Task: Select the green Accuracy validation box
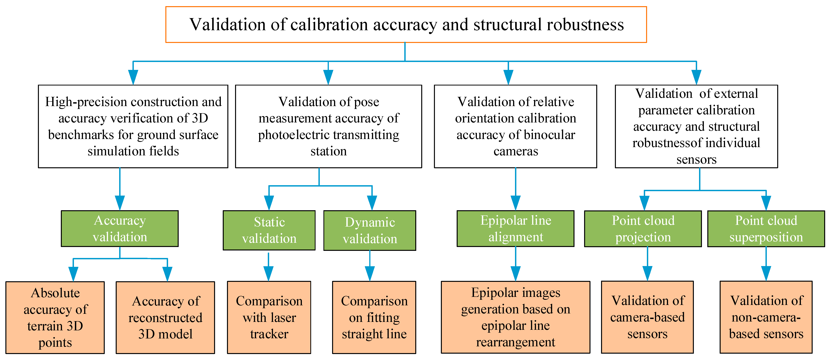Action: coord(120,229)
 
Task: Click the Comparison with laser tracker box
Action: coord(269,317)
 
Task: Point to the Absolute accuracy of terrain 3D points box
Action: coord(55,317)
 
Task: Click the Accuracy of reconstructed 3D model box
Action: coord(165,317)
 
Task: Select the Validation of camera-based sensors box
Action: coord(647,317)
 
